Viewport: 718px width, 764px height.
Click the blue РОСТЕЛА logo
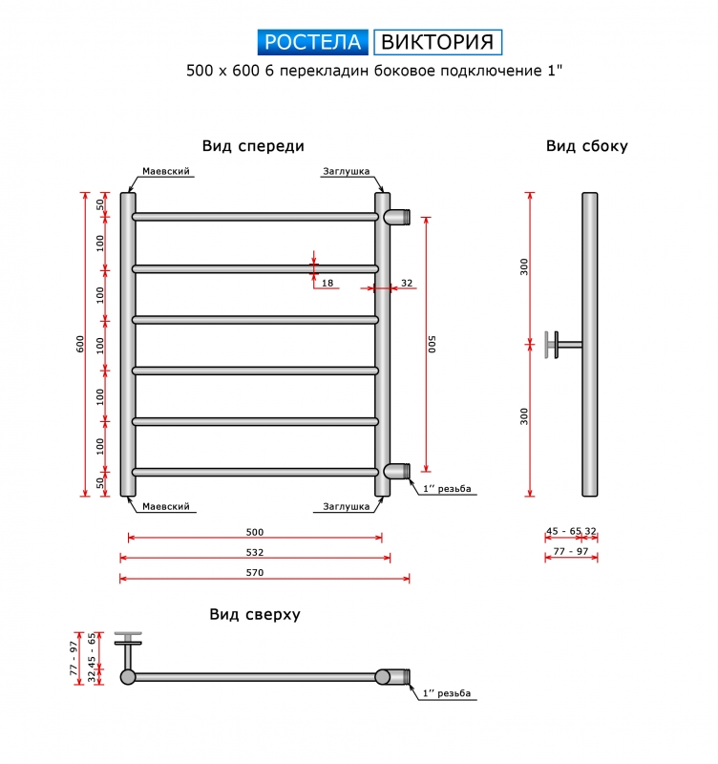pos(313,42)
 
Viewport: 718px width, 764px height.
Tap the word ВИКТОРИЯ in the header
pos(437,42)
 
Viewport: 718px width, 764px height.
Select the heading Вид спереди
pos(253,146)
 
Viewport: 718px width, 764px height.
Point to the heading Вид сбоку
pos(587,146)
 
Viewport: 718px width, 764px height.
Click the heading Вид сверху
pos(255,614)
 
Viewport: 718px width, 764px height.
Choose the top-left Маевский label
pos(165,171)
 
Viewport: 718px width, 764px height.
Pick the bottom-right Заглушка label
pos(347,507)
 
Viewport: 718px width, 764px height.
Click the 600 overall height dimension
pos(80,344)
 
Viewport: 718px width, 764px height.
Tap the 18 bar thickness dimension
pos(327,283)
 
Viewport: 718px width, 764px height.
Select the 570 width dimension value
pos(255,572)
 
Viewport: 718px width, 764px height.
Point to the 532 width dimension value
pos(255,552)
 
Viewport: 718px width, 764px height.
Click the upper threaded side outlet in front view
pos(397,217)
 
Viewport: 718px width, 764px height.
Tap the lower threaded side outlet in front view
pos(397,471)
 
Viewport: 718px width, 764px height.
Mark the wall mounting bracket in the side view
pos(563,345)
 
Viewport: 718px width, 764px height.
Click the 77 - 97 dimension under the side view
pos(571,551)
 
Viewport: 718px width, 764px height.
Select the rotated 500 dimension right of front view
pos(432,344)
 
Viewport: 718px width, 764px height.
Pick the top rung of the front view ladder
pos(255,217)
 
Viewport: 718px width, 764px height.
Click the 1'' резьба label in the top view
pos(447,693)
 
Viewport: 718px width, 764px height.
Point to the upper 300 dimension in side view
pos(523,267)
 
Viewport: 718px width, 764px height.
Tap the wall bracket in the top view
pos(128,650)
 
